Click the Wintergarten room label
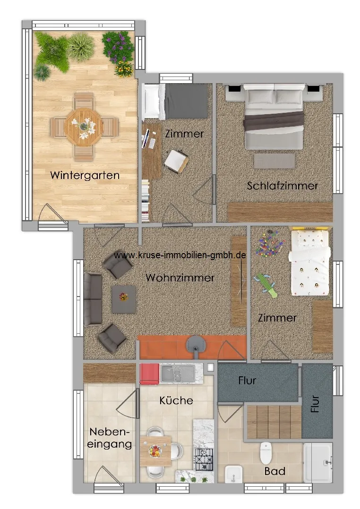85,175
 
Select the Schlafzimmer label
283,186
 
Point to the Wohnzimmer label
180,278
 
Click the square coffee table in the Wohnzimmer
123,299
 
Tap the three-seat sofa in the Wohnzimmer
93,298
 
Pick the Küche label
176,400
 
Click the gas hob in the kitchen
204,459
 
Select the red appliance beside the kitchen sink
149,373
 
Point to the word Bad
274,471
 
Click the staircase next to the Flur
274,422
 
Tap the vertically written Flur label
315,404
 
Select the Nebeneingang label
110,438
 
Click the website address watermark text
180,255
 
